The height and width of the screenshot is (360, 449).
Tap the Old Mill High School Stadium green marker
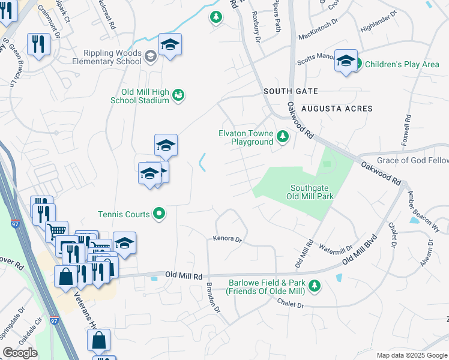pyautogui.click(x=178, y=95)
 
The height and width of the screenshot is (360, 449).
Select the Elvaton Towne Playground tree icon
pyautogui.click(x=283, y=137)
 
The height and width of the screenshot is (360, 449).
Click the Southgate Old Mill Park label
pyautogui.click(x=309, y=191)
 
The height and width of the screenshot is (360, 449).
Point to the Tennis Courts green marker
pyautogui.click(x=159, y=212)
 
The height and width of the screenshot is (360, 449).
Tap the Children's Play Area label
pyautogui.click(x=402, y=64)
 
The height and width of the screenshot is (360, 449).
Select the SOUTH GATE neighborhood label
pyautogui.click(x=291, y=91)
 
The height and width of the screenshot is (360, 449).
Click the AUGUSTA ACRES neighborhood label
pyautogui.click(x=337, y=109)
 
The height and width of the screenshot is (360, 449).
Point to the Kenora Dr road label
pyautogui.click(x=227, y=239)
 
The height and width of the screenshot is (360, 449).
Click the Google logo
pyautogui.click(x=20, y=353)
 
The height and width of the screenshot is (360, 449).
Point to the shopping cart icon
pyautogui.click(x=56, y=230)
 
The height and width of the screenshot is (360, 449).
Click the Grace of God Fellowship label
pyautogui.click(x=412, y=161)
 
